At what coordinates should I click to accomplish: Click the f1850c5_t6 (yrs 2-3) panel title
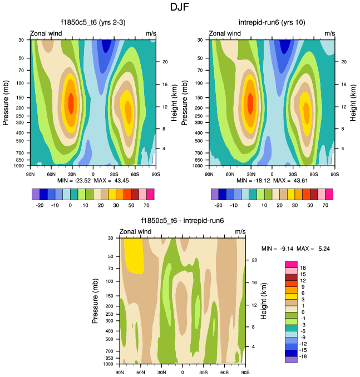pyautogui.click(x=93, y=23)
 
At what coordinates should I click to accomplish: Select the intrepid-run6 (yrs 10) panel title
pyautogui.click(x=272, y=23)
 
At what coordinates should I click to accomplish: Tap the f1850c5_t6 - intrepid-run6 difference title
pyautogui.click(x=183, y=221)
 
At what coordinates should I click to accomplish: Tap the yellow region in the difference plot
pyautogui.click(x=133, y=255)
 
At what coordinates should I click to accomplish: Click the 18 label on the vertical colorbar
pyautogui.click(x=303, y=268)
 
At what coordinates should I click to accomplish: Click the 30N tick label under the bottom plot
pyautogui.click(x=161, y=371)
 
